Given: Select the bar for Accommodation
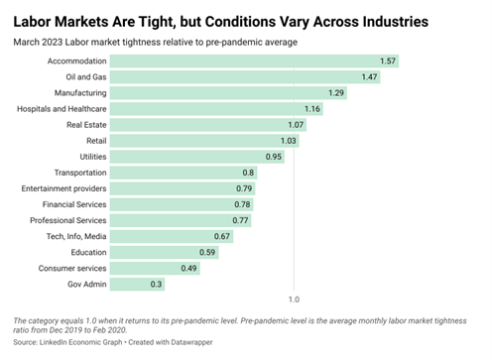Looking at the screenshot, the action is click(x=254, y=61).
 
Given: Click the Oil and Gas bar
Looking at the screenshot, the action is click(x=245, y=77).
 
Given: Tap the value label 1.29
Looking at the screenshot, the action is click(x=336, y=93).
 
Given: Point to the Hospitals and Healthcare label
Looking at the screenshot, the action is click(x=61, y=109).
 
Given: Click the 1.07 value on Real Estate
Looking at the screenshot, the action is click(x=296, y=125).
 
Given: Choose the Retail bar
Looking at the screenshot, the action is click(x=204, y=141).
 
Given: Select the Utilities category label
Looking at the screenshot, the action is click(x=93, y=157).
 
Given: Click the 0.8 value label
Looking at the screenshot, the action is click(x=248, y=173).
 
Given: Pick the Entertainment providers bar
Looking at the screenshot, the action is click(x=183, y=188).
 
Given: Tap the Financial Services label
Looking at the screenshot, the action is click(x=74, y=204).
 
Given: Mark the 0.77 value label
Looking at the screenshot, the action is click(x=240, y=220).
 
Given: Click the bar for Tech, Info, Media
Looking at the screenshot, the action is click(x=172, y=236).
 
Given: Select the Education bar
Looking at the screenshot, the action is click(x=165, y=252).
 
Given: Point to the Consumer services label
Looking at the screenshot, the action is click(x=72, y=268).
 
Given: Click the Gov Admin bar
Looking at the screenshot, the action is click(x=138, y=285).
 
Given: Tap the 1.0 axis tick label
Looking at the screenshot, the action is click(x=294, y=300).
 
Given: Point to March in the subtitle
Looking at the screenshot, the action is click(x=26, y=43).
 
